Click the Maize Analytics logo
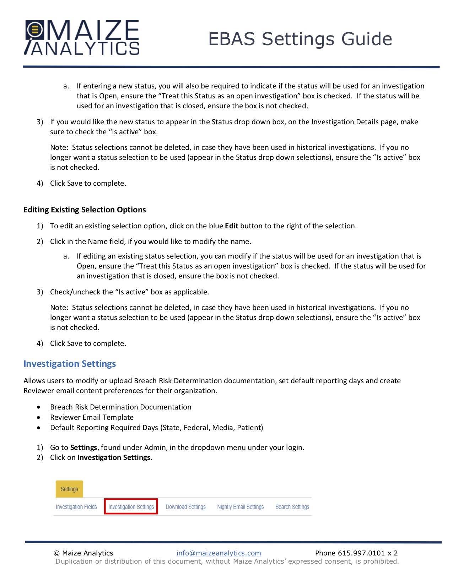(x=82, y=38)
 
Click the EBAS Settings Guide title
(x=300, y=39)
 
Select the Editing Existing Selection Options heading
(x=85, y=210)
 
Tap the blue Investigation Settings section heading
(x=70, y=364)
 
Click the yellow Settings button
(x=69, y=489)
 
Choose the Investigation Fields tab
(x=76, y=507)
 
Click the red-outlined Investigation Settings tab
(x=131, y=507)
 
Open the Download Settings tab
(x=185, y=507)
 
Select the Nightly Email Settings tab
(x=240, y=507)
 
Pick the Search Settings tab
(x=292, y=507)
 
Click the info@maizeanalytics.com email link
(x=219, y=553)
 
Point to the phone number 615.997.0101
(x=361, y=553)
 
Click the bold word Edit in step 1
(x=232, y=226)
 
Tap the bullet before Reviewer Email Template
(x=38, y=418)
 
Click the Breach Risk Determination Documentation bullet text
(x=120, y=407)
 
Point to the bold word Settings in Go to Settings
(x=83, y=447)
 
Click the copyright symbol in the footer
(x=56, y=553)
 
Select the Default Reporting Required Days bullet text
(x=156, y=428)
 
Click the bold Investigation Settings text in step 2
(x=115, y=457)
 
